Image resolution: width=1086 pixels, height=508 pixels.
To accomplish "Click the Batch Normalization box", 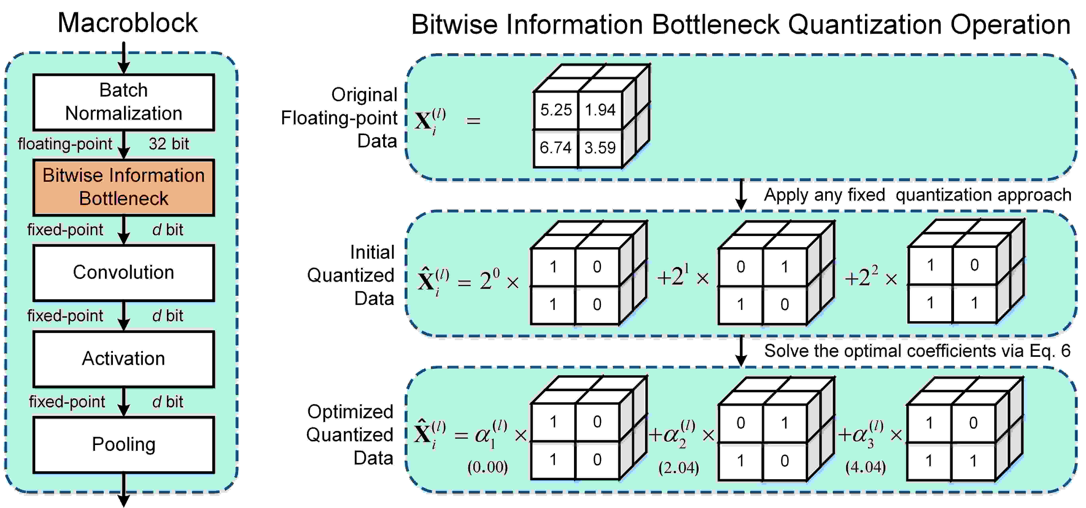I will point(123,102).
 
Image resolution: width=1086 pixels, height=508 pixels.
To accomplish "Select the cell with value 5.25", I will point(556,110).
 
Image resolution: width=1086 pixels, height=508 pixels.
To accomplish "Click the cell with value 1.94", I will point(600,110).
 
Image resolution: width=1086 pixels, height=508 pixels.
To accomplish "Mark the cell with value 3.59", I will point(600,148).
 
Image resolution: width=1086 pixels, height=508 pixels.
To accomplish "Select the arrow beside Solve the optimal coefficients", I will point(741,351).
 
